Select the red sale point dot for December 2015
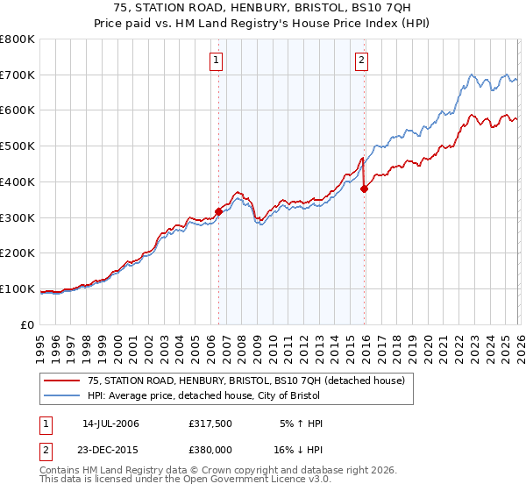click(x=364, y=189)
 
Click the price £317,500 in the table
click(x=209, y=423)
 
